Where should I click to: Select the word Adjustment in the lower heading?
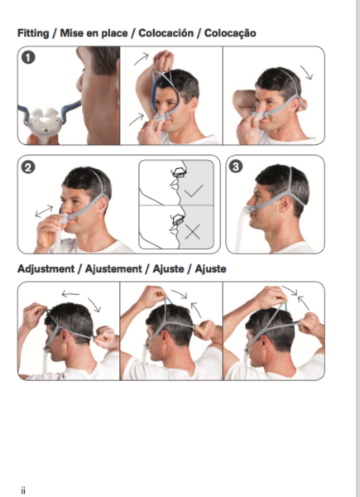click(x=49, y=269)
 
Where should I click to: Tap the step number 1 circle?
click(x=29, y=59)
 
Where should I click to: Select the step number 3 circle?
click(x=237, y=167)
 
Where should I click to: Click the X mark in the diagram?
click(x=193, y=231)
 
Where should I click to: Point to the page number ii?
click(x=23, y=490)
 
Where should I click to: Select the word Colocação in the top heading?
click(x=231, y=33)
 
